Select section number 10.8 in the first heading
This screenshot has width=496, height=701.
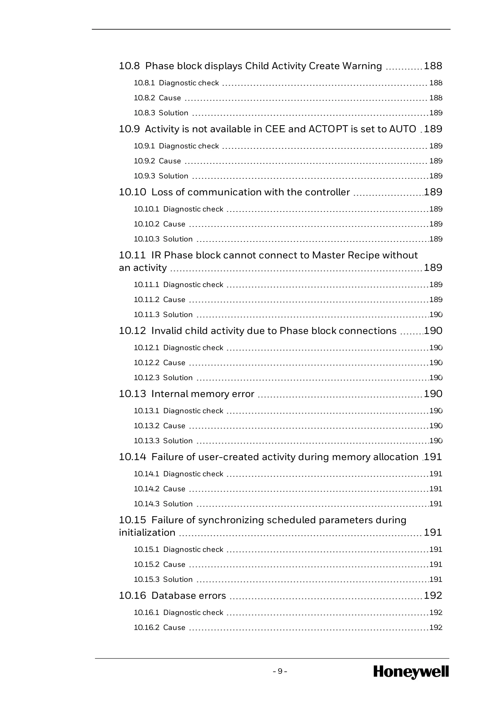(129, 66)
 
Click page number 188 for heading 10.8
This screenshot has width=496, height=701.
(433, 66)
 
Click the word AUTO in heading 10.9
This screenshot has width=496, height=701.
(402, 129)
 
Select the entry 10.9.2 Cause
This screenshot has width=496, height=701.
(157, 161)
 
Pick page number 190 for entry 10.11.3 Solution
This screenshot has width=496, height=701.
(436, 315)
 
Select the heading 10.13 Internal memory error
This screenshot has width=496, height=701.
(186, 394)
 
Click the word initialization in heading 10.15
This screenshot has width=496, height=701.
(147, 533)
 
